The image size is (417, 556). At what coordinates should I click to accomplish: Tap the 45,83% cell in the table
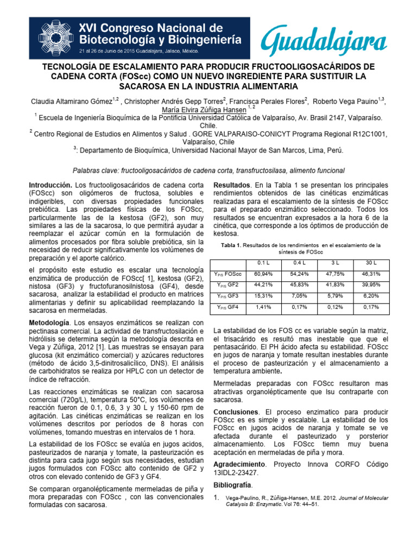pyautogui.click(x=299, y=285)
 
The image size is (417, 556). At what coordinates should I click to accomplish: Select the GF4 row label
pyautogui.click(x=228, y=307)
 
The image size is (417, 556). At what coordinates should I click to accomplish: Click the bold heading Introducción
pyautogui.click(x=50, y=185)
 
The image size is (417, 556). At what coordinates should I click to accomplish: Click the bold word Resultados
pyautogui.click(x=232, y=185)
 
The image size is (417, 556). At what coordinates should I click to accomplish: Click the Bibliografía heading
pyautogui.click(x=233, y=484)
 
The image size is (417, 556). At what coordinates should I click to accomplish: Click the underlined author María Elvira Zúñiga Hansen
pyautogui.click(x=197, y=109)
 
